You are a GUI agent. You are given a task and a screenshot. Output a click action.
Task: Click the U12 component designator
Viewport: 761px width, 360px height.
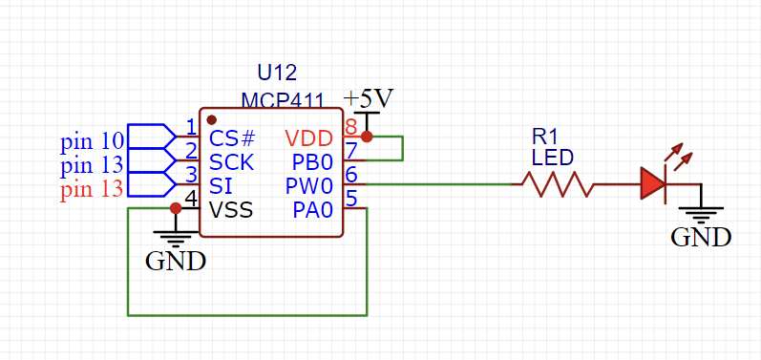pyautogui.click(x=277, y=73)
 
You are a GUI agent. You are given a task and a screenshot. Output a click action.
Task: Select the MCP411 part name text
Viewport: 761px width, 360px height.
pyautogui.click(x=283, y=100)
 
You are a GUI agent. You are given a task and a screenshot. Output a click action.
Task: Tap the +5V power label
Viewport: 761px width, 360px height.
pyautogui.click(x=369, y=99)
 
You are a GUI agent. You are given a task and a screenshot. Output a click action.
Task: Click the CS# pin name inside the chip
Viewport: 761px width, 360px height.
pyautogui.click(x=233, y=139)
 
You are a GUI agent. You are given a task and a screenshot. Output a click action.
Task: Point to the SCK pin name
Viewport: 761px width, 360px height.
pyautogui.click(x=233, y=161)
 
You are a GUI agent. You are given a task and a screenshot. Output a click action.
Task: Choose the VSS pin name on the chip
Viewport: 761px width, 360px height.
pyautogui.click(x=231, y=209)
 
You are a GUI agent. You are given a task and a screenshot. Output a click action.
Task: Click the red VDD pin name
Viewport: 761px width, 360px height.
pyautogui.click(x=309, y=139)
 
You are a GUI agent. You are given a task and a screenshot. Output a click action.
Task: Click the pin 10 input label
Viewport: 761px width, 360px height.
pyautogui.click(x=92, y=142)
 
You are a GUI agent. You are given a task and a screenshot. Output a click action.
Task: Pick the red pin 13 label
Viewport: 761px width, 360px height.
pyautogui.click(x=92, y=189)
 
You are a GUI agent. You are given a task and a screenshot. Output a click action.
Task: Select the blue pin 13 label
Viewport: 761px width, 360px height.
pyautogui.click(x=92, y=166)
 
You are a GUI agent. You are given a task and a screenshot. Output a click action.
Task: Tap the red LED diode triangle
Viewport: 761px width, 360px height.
pyautogui.click(x=653, y=183)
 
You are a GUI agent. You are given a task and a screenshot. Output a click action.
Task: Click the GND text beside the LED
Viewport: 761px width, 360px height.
pyautogui.click(x=701, y=237)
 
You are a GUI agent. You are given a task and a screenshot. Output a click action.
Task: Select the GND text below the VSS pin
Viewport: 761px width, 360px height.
pyautogui.click(x=175, y=260)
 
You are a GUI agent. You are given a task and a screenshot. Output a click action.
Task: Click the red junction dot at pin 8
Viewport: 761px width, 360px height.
pyautogui.click(x=367, y=137)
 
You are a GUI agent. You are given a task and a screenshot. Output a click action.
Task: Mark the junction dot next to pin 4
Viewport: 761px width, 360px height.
pyautogui.click(x=176, y=207)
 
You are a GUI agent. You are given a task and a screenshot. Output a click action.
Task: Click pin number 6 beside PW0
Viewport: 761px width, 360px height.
pyautogui.click(x=351, y=174)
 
